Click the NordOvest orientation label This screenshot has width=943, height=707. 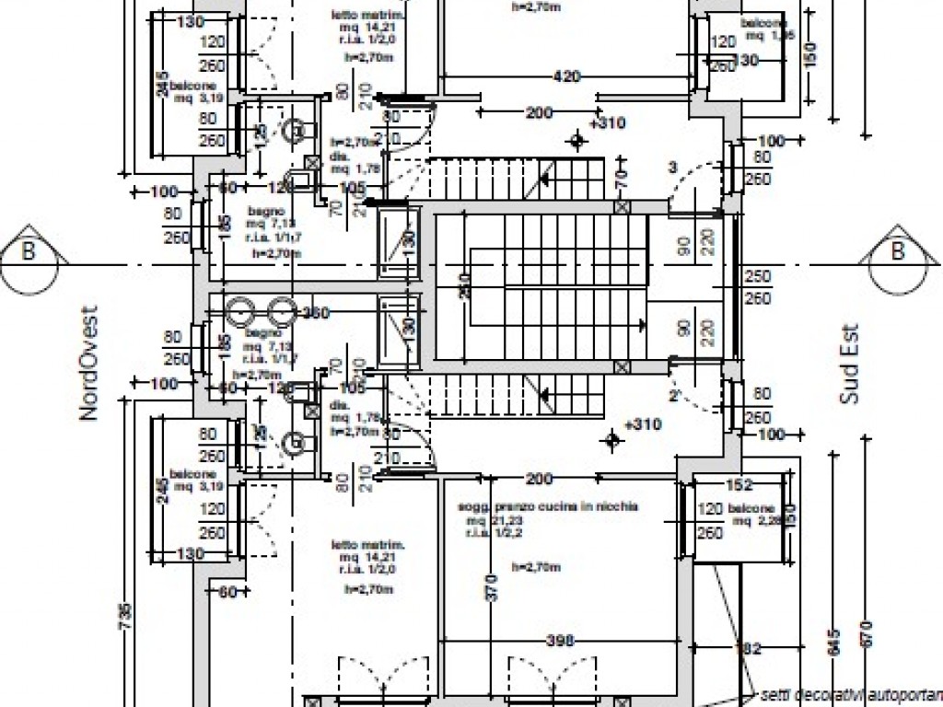88,364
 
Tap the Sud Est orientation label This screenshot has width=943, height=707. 848,364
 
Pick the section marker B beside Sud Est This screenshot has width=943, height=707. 897,250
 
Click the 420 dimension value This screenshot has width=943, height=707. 566,76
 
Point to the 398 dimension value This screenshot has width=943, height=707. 559,641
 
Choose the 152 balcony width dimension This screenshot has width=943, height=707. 739,485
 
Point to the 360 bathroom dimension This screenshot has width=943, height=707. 315,313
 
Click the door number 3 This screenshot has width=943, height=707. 672,167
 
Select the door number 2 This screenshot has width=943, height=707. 673,396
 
